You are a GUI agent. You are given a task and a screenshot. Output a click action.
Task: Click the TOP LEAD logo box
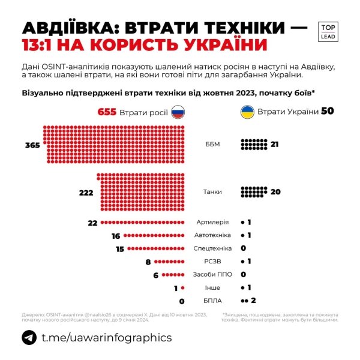tap(328, 32)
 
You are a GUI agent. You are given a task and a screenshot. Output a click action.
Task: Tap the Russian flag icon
tap(178, 112)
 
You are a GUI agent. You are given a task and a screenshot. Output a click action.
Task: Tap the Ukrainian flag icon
tap(247, 112)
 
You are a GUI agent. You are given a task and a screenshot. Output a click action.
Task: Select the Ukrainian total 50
tap(328, 111)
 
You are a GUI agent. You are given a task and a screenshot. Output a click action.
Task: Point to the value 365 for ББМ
tap(33, 145)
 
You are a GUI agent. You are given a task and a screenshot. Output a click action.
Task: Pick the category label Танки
tap(213, 192)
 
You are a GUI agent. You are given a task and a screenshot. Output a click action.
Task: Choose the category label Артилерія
tap(214, 223)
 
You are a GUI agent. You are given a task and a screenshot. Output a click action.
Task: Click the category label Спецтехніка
tap(213, 248)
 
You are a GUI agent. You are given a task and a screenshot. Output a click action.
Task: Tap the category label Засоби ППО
tap(213, 275)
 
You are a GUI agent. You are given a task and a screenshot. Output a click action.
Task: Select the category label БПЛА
tap(213, 301)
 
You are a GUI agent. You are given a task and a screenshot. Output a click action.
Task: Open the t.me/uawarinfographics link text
tap(106, 338)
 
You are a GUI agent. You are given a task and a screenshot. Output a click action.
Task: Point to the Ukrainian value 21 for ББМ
tap(275, 145)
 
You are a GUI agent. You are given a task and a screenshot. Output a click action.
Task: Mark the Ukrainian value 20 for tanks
tap(275, 192)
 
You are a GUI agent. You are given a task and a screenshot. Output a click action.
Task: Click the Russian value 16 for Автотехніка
tap(116, 236)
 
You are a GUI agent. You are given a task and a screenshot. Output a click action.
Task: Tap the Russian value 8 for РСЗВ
tap(148, 262)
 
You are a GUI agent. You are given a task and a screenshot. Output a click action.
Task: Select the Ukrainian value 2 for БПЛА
tap(254, 301)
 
